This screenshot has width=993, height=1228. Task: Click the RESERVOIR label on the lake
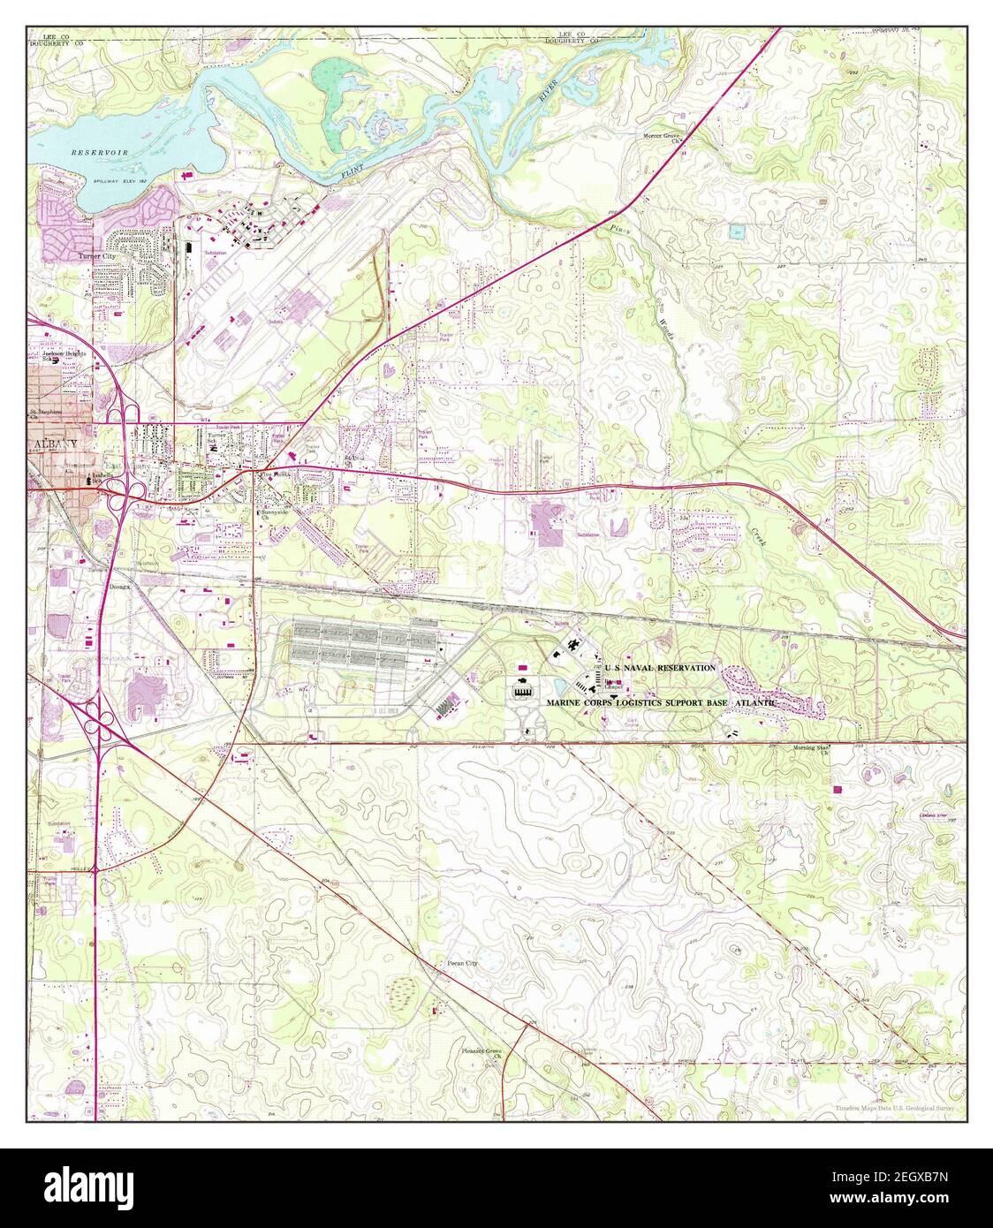click(100, 153)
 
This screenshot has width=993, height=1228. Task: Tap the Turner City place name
click(97, 257)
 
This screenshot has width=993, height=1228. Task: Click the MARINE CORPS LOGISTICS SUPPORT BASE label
click(661, 702)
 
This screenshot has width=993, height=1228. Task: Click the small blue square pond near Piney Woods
click(736, 232)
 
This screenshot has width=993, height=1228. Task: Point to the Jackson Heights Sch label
click(53, 354)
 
